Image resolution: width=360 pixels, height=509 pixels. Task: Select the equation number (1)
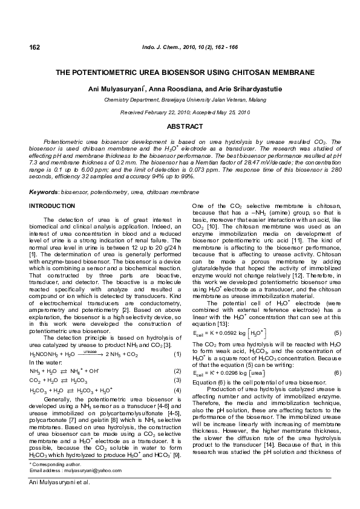click(x=177, y=353)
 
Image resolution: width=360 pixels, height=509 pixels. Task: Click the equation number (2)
click(x=177, y=371)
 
